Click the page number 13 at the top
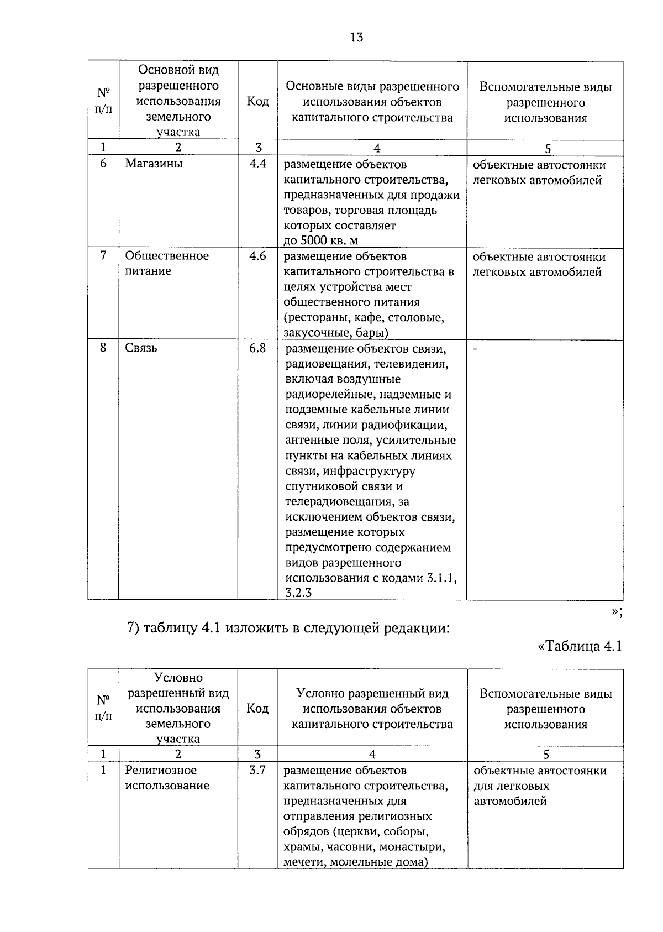(x=356, y=38)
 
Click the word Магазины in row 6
(x=154, y=164)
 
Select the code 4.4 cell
(x=257, y=164)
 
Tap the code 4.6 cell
(x=257, y=256)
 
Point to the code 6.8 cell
(x=257, y=348)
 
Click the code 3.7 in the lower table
(x=257, y=770)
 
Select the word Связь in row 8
(x=141, y=348)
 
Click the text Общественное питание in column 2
(x=166, y=263)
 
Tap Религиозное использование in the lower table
(x=167, y=777)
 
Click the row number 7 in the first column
(x=103, y=256)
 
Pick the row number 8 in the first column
(x=103, y=348)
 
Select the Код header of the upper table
(x=257, y=102)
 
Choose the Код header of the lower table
(x=257, y=709)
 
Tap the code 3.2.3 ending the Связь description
(x=299, y=593)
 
